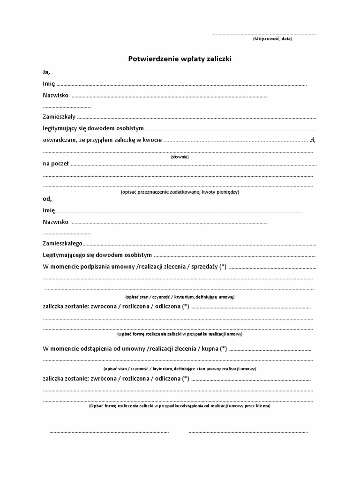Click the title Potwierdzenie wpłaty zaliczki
(x=180, y=59)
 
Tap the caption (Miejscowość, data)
(x=272, y=39)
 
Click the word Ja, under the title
(x=46, y=72)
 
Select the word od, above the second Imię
(x=47, y=199)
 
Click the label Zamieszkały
(x=59, y=117)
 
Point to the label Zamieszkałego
(x=62, y=244)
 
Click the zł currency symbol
(x=312, y=139)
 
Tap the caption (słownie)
(x=180, y=157)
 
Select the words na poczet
(x=56, y=164)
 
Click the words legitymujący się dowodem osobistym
(x=93, y=128)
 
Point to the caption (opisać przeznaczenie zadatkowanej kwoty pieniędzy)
(x=180, y=192)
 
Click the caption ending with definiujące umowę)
(x=180, y=297)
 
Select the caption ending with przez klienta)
(x=180, y=406)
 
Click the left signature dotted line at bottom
(x=109, y=432)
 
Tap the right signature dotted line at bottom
(x=248, y=432)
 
